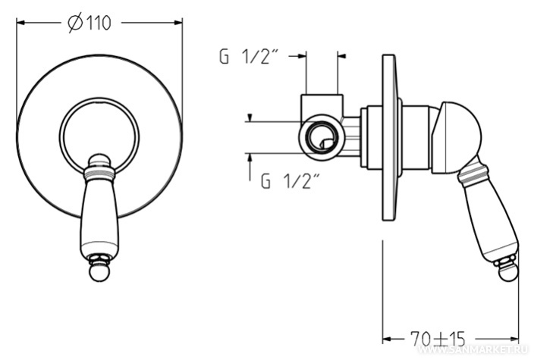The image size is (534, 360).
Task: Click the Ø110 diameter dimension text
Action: [90, 23]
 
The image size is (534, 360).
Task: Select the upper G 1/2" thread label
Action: [249, 57]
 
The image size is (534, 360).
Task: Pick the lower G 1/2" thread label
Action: [291, 181]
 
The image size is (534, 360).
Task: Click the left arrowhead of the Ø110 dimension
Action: [21, 23]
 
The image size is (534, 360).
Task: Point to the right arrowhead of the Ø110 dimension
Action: [177, 23]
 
